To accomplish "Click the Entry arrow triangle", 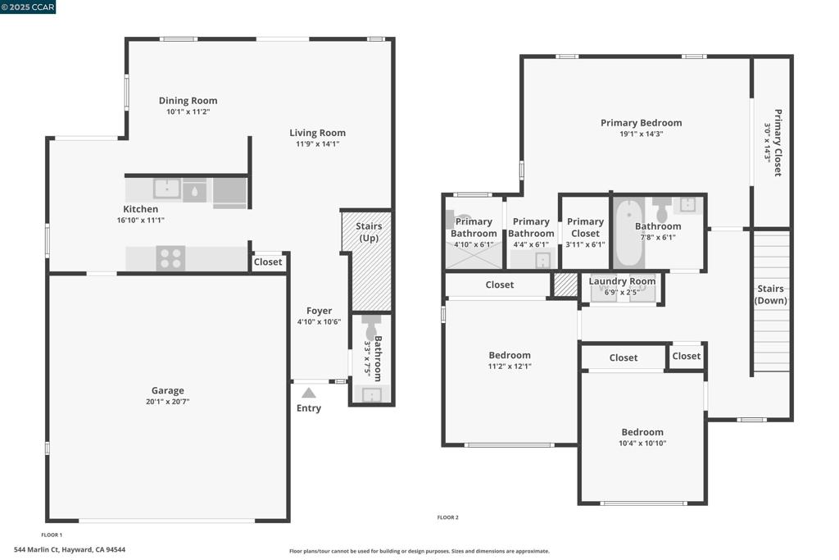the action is coord(309,393).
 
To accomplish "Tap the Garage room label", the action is coord(167,390).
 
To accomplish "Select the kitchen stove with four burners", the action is coord(170,258).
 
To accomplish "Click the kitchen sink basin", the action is coord(167,189).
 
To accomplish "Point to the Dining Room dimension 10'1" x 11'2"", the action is coord(188,112).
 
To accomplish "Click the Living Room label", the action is coord(317,133).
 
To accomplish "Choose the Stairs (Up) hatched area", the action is coord(367,262).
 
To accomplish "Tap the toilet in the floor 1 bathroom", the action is coord(371,326).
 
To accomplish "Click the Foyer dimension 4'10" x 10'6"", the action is coord(319,321).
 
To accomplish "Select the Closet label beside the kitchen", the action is coord(268,262).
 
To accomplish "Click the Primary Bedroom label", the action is coord(641,123).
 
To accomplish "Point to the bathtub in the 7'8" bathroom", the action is coord(628,233).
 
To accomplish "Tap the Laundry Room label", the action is coord(622,281).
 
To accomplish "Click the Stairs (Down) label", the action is coord(770,294).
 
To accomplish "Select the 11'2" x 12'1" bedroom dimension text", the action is coord(510,367).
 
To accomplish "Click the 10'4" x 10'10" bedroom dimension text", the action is coord(642,444).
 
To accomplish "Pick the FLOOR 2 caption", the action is coord(448,517).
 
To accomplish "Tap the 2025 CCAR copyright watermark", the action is coord(28,7).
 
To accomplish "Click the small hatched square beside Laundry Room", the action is coord(565,285).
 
